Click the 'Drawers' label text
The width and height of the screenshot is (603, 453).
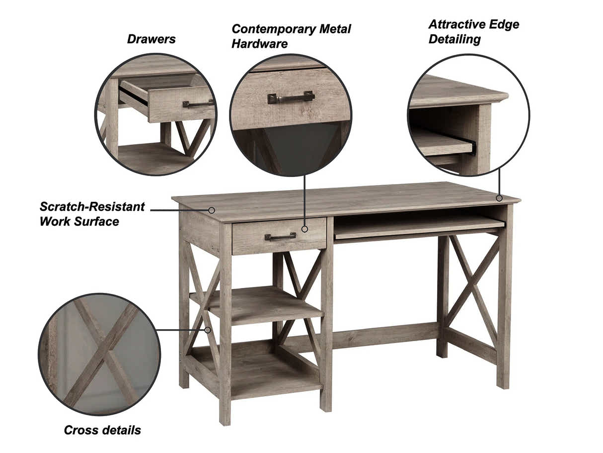click(x=151, y=39)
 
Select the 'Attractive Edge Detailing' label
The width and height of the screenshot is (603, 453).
click(x=473, y=31)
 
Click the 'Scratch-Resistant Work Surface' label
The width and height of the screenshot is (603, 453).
click(x=92, y=214)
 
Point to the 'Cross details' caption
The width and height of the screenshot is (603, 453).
click(x=102, y=430)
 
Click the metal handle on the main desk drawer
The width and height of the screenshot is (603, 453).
click(x=280, y=237)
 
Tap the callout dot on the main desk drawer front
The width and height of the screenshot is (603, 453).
click(x=304, y=229)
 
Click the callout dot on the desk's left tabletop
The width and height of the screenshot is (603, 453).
click(x=212, y=210)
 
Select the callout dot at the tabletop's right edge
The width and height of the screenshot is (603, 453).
click(x=499, y=198)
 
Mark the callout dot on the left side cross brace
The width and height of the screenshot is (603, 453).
click(x=208, y=329)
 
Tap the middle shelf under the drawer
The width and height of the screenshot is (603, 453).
click(x=258, y=303)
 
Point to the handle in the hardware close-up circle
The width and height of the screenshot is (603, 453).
click(x=291, y=97)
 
